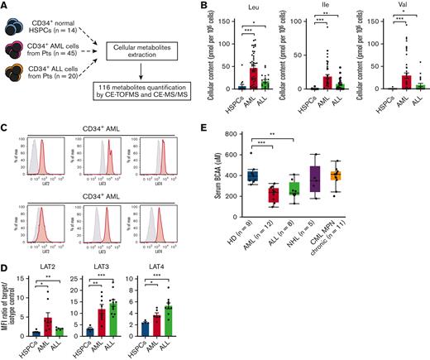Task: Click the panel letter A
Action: (x=6, y=7)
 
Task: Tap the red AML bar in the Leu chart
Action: (x=253, y=77)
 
